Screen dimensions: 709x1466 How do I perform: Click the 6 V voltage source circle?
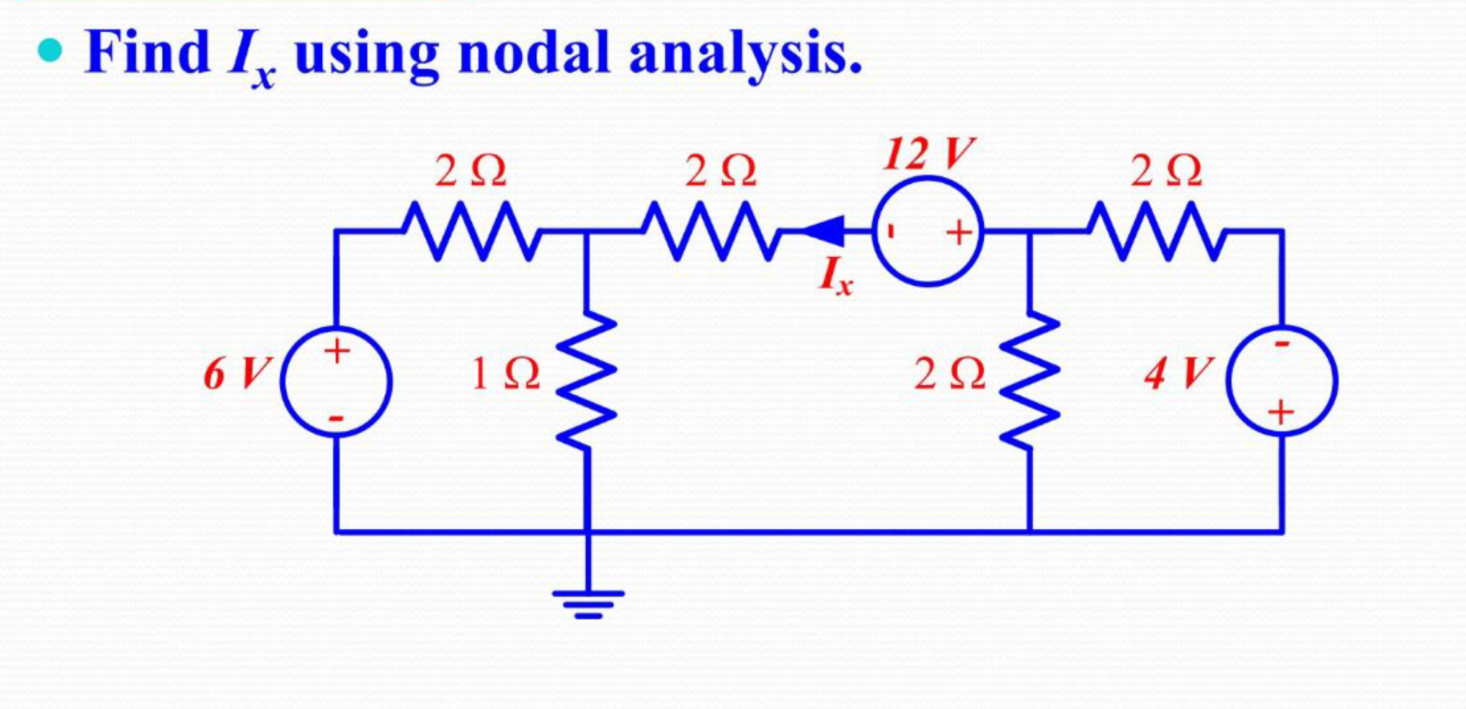(x=336, y=382)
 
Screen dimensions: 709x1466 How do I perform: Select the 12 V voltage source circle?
(x=928, y=232)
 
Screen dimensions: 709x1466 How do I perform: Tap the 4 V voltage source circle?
(x=1282, y=380)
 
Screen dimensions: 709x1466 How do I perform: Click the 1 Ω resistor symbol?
(x=587, y=382)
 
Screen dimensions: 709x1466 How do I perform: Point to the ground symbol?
(x=588, y=602)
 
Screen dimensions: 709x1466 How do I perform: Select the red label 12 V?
(x=928, y=153)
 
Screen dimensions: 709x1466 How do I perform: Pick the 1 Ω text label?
(x=505, y=373)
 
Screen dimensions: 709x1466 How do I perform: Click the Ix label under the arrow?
(x=835, y=277)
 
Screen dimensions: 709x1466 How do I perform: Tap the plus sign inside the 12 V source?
(x=959, y=233)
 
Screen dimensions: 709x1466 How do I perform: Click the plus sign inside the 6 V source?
(x=337, y=352)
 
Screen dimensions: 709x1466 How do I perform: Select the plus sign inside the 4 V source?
(x=1281, y=413)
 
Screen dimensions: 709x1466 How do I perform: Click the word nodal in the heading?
(x=534, y=53)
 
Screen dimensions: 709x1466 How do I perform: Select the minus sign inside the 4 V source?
(x=1281, y=344)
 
